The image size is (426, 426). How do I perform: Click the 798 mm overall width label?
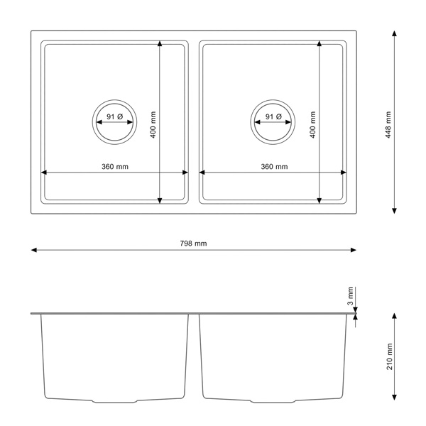pyautogui.click(x=193, y=243)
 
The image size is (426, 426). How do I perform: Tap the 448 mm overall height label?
pyautogui.click(x=388, y=125)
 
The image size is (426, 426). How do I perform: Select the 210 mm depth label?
pyautogui.click(x=389, y=356)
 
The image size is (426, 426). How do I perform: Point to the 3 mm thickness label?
pyautogui.click(x=351, y=296)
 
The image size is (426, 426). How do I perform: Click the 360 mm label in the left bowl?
pyautogui.click(x=115, y=167)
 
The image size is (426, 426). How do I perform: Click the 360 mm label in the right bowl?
pyautogui.click(x=274, y=167)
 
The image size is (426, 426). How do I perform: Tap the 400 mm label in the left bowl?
pyautogui.click(x=153, y=125)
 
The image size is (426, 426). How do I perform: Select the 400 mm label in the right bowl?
pyautogui.click(x=312, y=125)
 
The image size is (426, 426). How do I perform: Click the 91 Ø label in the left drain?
pyautogui.click(x=114, y=116)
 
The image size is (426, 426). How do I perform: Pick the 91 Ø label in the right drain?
pyautogui.click(x=273, y=116)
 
